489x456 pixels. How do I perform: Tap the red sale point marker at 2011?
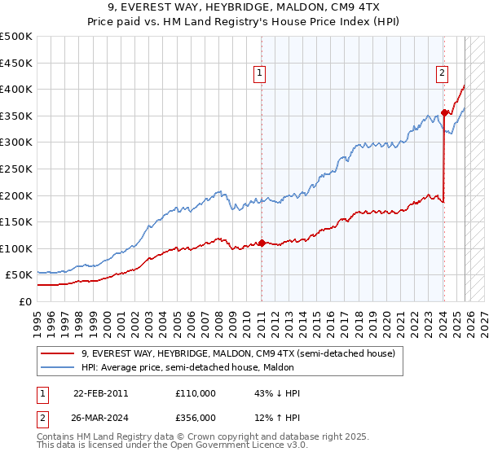pos(262,243)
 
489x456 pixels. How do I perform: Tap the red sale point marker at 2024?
pos(444,112)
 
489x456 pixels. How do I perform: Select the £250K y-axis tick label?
pos(17,169)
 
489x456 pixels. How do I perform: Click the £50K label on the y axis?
pos(20,275)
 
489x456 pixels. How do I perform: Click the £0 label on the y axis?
pos(27,301)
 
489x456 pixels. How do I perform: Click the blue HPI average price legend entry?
pos(205,366)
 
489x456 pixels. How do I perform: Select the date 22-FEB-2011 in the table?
pos(100,393)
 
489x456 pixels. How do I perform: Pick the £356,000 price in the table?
pos(196,419)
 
